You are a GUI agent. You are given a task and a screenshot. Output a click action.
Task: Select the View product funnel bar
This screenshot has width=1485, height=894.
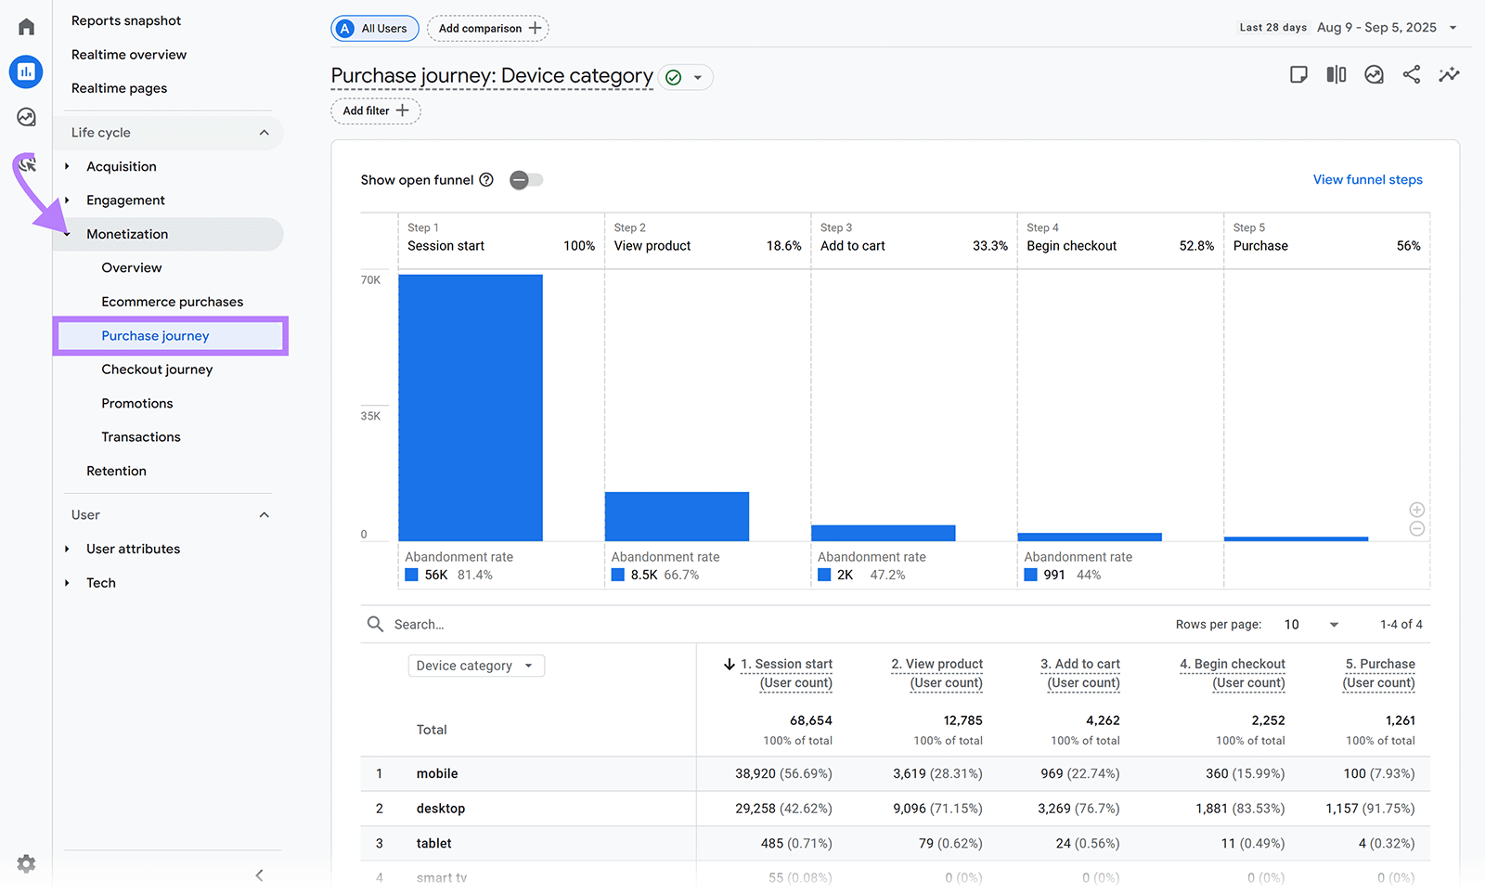pyautogui.click(x=677, y=516)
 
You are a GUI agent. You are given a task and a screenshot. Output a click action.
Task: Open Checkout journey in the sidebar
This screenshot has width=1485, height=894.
pyautogui.click(x=157, y=369)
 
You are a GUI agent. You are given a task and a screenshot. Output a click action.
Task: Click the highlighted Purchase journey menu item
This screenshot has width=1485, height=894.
pyautogui.click(x=155, y=336)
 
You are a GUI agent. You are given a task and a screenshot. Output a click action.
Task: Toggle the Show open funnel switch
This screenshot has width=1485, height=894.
pyautogui.click(x=526, y=180)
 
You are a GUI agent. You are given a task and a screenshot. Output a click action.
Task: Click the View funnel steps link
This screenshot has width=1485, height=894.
pyautogui.click(x=1367, y=180)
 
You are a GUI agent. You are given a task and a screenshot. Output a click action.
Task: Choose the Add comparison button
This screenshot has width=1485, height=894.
pyautogui.click(x=488, y=29)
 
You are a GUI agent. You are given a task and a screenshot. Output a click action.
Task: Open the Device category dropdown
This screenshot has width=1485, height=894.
pyautogui.click(x=475, y=666)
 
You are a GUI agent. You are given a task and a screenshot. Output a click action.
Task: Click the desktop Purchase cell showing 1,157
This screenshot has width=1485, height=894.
pyautogui.click(x=1370, y=809)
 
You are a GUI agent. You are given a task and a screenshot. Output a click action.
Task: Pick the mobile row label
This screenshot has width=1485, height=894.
pyautogui.click(x=437, y=773)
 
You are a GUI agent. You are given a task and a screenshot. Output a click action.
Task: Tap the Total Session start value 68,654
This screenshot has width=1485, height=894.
pyautogui.click(x=810, y=720)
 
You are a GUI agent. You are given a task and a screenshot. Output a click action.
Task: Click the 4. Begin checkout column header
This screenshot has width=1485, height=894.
pyautogui.click(x=1233, y=665)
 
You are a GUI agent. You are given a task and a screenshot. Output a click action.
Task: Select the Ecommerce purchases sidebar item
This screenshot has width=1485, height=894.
pyautogui.click(x=172, y=302)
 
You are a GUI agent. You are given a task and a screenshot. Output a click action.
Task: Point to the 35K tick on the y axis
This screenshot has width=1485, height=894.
pyautogui.click(x=370, y=416)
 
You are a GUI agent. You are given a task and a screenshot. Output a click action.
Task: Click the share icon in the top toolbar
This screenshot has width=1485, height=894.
pyautogui.click(x=1411, y=75)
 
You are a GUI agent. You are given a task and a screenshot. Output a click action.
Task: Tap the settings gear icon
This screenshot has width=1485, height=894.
pyautogui.click(x=26, y=863)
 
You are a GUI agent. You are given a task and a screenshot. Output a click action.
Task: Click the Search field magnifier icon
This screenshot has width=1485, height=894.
pyautogui.click(x=375, y=624)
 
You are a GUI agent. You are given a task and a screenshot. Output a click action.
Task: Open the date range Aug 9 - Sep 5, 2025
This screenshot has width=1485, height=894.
pyautogui.click(x=1376, y=28)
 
